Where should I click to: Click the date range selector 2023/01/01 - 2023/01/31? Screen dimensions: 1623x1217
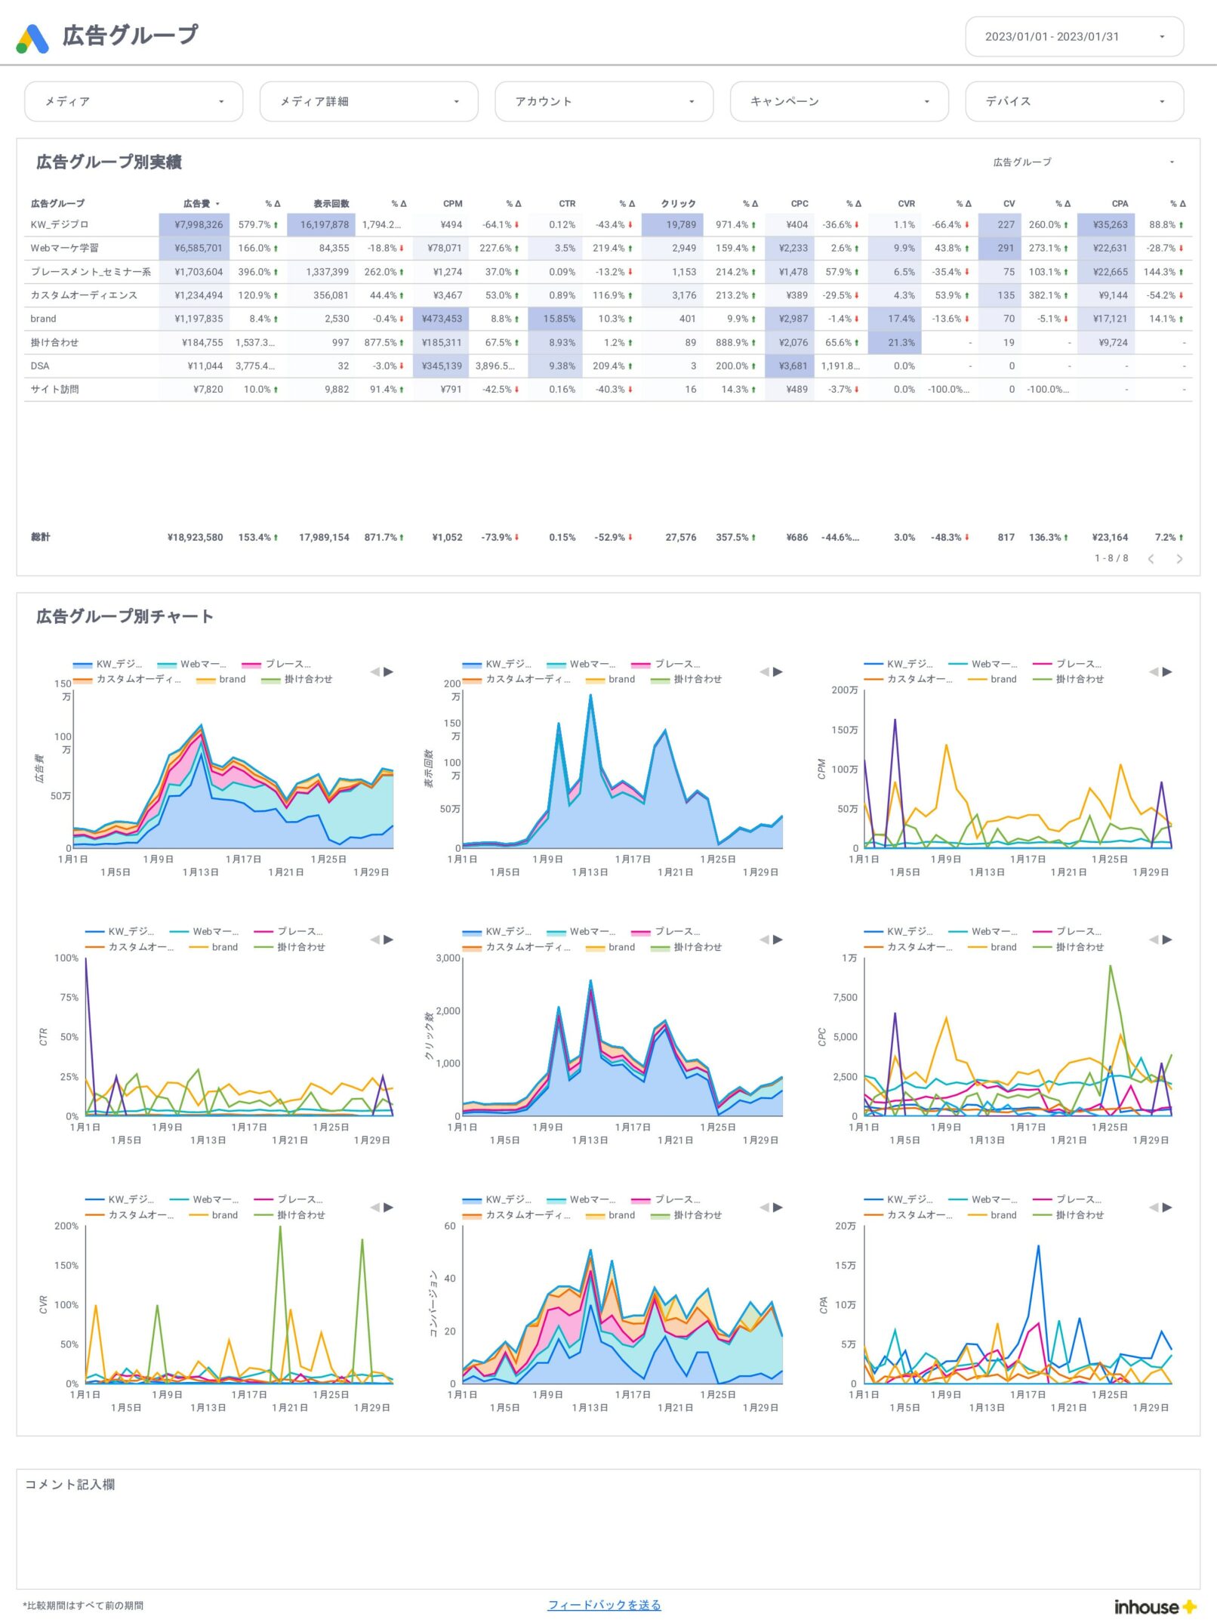pyautogui.click(x=1073, y=36)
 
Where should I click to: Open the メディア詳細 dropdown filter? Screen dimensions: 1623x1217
pyautogui.click(x=368, y=101)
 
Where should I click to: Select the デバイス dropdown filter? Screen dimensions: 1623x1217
pyautogui.click(x=1073, y=101)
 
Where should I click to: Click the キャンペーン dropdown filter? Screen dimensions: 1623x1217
pyautogui.click(x=838, y=101)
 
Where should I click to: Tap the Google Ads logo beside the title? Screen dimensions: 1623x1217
pyautogui.click(x=32, y=39)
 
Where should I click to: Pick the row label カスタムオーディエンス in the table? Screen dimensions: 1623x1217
pyautogui.click(x=84, y=295)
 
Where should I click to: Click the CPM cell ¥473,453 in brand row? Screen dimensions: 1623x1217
pyautogui.click(x=442, y=319)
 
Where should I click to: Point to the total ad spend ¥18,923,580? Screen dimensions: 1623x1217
pyautogui.click(x=195, y=538)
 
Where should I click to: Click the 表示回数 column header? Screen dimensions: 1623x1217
pyautogui.click(x=331, y=204)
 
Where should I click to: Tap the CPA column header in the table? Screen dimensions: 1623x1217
pyautogui.click(x=1119, y=204)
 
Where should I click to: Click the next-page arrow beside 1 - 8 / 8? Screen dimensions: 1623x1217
pyautogui.click(x=1178, y=559)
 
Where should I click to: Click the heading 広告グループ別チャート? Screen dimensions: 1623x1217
pyautogui.click(x=125, y=616)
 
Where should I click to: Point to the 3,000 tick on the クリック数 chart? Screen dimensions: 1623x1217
pyautogui.click(x=448, y=958)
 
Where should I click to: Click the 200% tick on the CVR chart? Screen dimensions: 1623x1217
pyautogui.click(x=66, y=1226)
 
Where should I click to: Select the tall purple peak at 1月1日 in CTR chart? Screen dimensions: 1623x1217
pyautogui.click(x=86, y=961)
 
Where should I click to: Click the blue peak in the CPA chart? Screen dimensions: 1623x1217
pyautogui.click(x=1038, y=1248)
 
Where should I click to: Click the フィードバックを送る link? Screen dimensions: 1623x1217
pyautogui.click(x=604, y=1605)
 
